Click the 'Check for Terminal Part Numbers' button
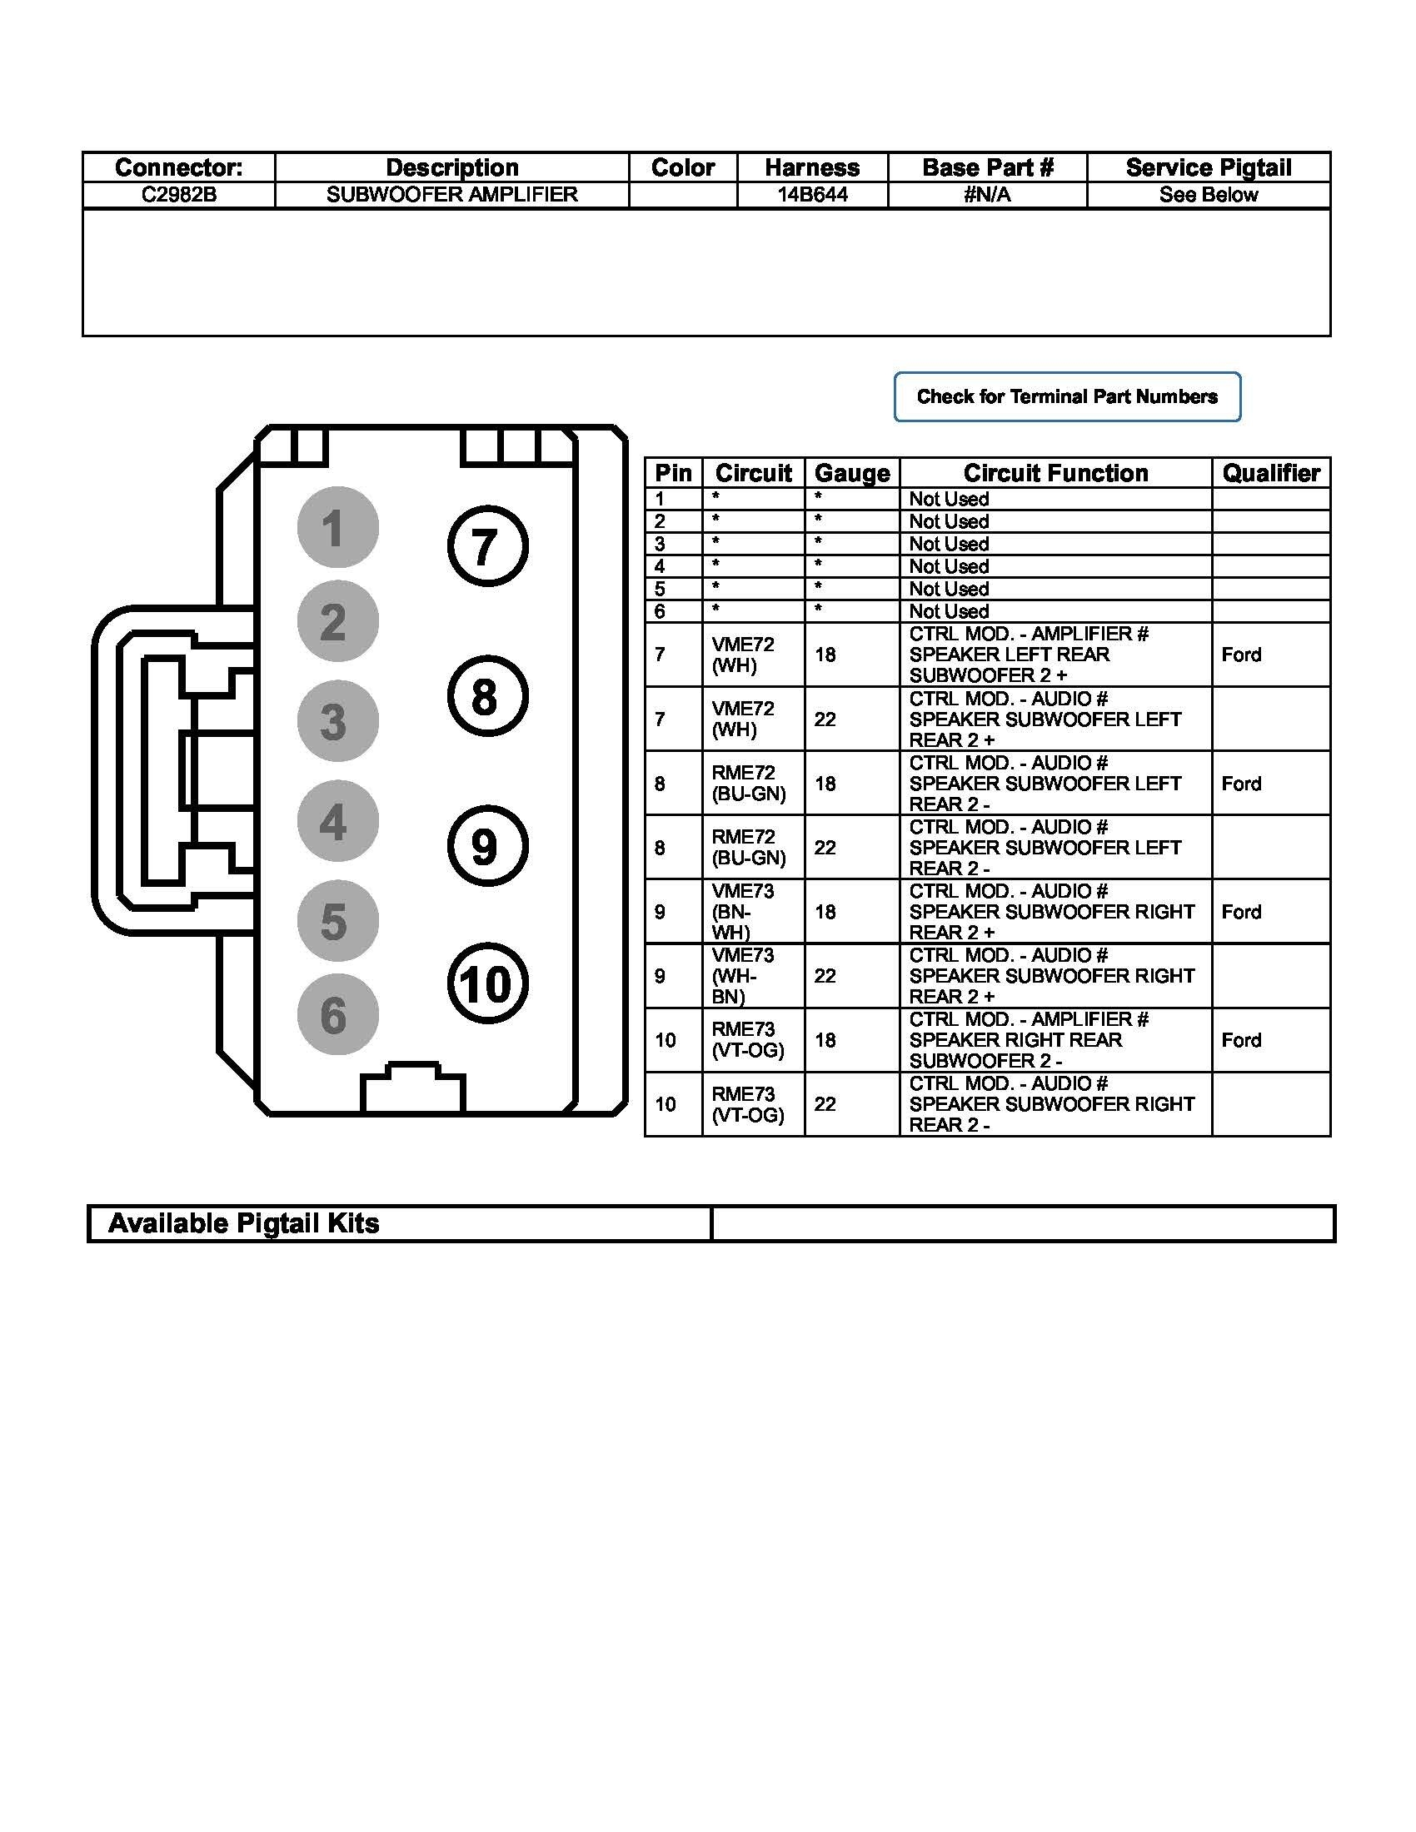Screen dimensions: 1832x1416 click(x=1066, y=396)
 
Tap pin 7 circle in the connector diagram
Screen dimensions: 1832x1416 click(x=487, y=546)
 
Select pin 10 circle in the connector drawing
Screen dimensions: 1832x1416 click(x=487, y=984)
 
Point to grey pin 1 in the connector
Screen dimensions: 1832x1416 click(x=337, y=528)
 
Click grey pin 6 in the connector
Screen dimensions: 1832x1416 click(x=337, y=1014)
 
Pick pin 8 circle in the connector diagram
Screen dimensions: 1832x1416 click(x=487, y=696)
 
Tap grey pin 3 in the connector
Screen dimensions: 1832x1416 click(x=337, y=720)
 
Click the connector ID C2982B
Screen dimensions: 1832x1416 click(x=179, y=195)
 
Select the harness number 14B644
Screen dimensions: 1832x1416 click(x=812, y=195)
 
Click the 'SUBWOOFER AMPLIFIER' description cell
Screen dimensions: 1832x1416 click(x=451, y=195)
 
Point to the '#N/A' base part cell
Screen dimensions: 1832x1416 click(x=987, y=195)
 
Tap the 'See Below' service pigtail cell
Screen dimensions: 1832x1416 click(x=1208, y=195)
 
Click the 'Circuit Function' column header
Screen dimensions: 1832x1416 click(x=1055, y=473)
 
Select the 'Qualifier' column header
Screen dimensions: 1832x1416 click(x=1271, y=473)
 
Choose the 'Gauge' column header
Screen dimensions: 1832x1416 click(x=851, y=473)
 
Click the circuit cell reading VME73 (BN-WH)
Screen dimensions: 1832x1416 click(x=743, y=912)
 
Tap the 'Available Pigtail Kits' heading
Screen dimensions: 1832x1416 click(x=244, y=1224)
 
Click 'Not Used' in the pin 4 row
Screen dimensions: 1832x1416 click(x=949, y=566)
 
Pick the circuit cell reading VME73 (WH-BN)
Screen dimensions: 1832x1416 click(x=743, y=976)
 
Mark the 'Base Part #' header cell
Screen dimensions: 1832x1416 click(x=987, y=167)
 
